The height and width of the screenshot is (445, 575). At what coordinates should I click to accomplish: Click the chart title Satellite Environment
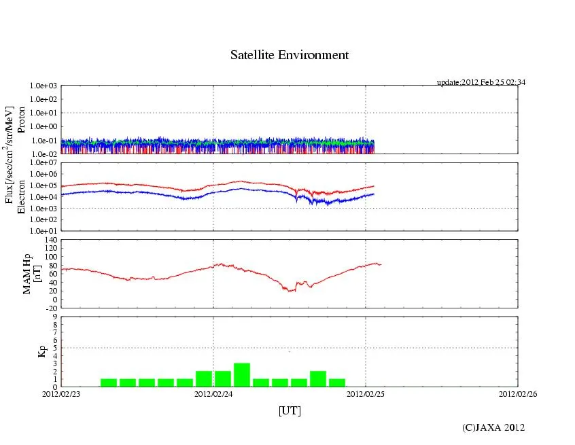(289, 55)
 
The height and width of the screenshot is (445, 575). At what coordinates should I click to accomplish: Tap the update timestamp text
(481, 82)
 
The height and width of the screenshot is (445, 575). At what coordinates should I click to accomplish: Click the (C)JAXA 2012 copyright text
(493, 427)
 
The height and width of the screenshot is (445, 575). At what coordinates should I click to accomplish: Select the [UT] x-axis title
(290, 410)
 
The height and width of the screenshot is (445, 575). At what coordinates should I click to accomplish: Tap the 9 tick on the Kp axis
(54, 317)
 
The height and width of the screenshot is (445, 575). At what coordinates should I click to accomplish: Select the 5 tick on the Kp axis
(54, 348)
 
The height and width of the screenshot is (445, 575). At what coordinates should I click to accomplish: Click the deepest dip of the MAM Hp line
(290, 291)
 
